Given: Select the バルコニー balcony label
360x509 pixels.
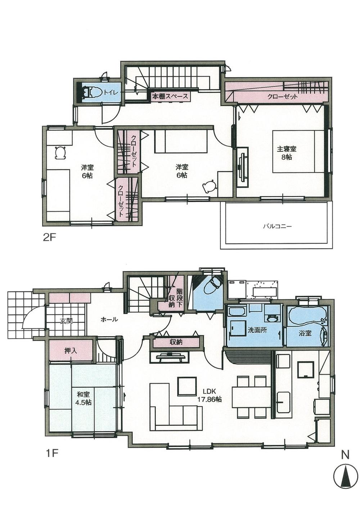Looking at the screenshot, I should [x=277, y=227].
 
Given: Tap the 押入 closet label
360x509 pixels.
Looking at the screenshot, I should [x=71, y=351].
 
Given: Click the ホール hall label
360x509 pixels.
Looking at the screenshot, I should [x=109, y=319].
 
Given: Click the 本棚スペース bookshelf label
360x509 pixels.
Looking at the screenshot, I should [x=170, y=97].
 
